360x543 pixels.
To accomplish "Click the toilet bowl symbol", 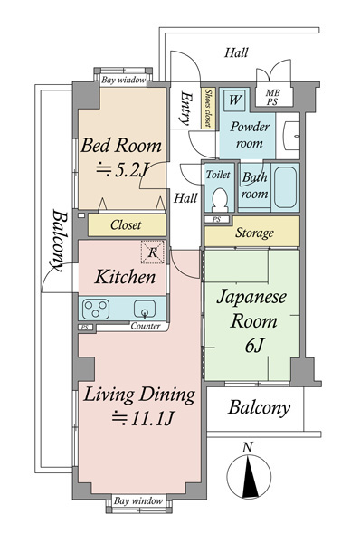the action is [x=220, y=200].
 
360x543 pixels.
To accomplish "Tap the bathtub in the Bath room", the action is [x=285, y=187].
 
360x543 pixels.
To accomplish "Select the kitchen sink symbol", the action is [x=145, y=309].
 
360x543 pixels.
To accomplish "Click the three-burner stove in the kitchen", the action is [x=96, y=309].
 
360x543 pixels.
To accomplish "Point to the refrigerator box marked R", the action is [x=152, y=252].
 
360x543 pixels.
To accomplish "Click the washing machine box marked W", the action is [x=234, y=100].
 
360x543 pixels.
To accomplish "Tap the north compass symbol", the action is [x=249, y=477].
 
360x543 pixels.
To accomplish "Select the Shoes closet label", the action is [x=208, y=108].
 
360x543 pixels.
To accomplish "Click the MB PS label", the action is [x=272, y=98].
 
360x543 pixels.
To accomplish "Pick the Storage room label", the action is [x=254, y=233].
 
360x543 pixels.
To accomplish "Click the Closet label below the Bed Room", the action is [x=126, y=225].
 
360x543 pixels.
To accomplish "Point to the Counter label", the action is [x=146, y=326].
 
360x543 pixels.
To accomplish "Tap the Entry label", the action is [x=185, y=108].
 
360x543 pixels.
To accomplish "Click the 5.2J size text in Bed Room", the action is [x=122, y=170].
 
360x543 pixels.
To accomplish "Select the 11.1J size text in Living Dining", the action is [x=143, y=418].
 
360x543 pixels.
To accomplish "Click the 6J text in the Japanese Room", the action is [x=254, y=345].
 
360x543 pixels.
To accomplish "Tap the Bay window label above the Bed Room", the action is [x=123, y=81].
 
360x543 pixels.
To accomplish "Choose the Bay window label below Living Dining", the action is [x=138, y=500].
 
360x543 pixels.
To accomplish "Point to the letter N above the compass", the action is [x=247, y=447].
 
